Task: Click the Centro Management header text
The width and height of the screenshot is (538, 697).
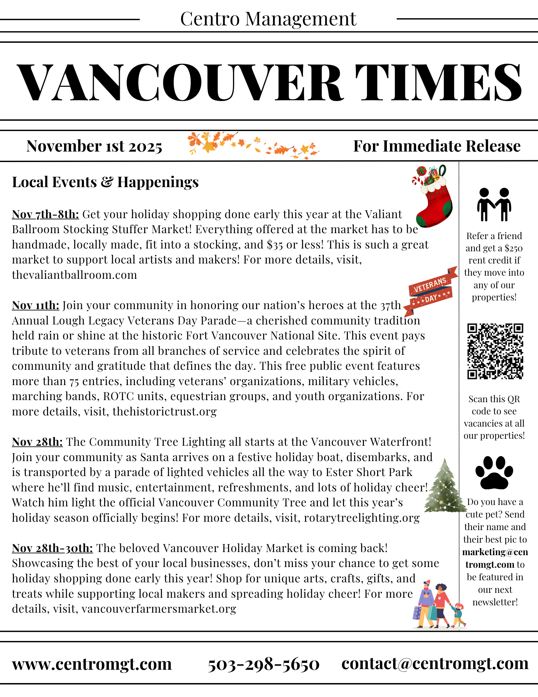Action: coord(268,19)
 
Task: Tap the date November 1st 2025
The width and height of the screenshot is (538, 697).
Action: coord(94,146)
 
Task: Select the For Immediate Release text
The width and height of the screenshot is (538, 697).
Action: coord(437,146)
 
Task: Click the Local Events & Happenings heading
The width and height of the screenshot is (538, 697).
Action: coord(105,182)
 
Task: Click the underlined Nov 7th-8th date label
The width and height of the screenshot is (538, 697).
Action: coord(46,214)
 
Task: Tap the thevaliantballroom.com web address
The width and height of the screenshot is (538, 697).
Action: coord(75,275)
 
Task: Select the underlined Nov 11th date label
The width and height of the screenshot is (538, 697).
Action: coord(36,305)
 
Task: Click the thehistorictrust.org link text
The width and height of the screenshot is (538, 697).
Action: coord(164,412)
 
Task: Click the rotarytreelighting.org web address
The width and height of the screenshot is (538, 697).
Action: coord(362,518)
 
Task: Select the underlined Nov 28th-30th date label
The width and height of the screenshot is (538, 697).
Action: coord(52,548)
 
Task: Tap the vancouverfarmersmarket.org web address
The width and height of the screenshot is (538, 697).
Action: coord(159,609)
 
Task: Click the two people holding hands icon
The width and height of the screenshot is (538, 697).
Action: coord(494,205)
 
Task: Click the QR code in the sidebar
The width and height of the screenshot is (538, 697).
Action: coord(495,351)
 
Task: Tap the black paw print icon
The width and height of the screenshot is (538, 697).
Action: coord(494,473)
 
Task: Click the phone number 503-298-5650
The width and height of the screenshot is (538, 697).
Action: coord(264,664)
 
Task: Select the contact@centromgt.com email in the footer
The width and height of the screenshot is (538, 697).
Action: coord(435,664)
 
